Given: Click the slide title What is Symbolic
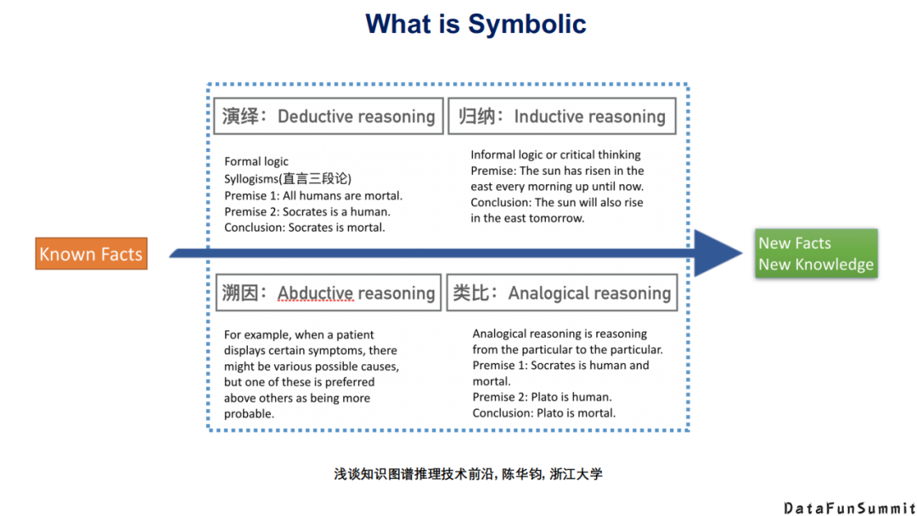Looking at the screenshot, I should click(475, 24).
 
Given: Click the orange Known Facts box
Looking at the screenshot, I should click(91, 254).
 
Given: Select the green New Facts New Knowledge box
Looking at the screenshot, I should click(816, 254).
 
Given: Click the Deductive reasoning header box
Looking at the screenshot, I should click(328, 116).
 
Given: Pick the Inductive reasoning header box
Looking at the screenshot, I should click(561, 116).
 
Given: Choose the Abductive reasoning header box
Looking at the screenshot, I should click(328, 293).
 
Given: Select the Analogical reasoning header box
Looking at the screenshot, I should click(561, 293).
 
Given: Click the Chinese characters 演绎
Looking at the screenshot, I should click(240, 116).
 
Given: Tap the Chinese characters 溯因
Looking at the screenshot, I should click(240, 294).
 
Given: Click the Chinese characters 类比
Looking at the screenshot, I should click(473, 293).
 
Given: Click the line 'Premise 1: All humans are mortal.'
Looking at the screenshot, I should click(313, 195).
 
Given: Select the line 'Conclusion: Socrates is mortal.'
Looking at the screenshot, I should click(304, 227).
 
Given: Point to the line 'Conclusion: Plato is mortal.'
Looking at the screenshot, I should click(543, 413).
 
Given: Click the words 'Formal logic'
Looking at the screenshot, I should click(256, 161).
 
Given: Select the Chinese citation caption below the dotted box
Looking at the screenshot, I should click(468, 474).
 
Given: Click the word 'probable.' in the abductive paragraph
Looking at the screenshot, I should click(249, 414).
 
